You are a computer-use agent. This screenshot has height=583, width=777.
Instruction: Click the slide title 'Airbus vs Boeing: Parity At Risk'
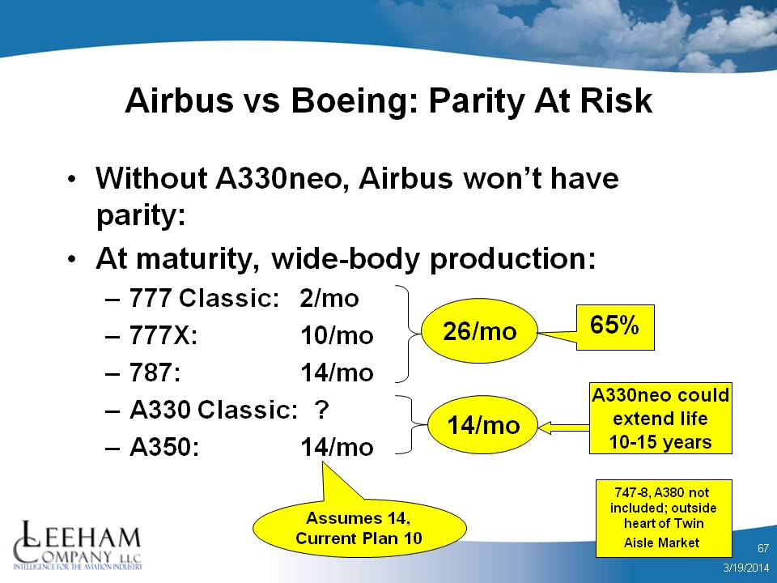pyautogui.click(x=388, y=100)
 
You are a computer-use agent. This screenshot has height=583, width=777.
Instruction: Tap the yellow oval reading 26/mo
pyautogui.click(x=479, y=330)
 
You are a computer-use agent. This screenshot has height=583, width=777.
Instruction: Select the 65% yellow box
pyautogui.click(x=615, y=327)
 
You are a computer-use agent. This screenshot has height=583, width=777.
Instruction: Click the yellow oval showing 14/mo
pyautogui.click(x=482, y=425)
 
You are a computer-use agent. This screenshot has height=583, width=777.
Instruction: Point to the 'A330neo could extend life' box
pyautogui.click(x=660, y=419)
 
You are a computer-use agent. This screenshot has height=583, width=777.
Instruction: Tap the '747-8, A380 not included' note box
pyautogui.click(x=664, y=518)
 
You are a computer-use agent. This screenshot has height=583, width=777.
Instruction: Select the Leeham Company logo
pyautogui.click(x=78, y=545)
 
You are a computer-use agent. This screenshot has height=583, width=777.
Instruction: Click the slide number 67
pyautogui.click(x=763, y=548)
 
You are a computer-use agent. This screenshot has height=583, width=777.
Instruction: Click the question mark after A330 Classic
pyautogui.click(x=321, y=410)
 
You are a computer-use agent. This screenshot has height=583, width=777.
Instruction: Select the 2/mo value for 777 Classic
pyautogui.click(x=329, y=299)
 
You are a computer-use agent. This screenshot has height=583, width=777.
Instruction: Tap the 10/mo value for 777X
pyautogui.click(x=337, y=335)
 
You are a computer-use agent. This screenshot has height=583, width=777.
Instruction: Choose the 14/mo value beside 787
pyautogui.click(x=337, y=372)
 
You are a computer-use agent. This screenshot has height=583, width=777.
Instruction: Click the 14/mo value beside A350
pyautogui.click(x=337, y=447)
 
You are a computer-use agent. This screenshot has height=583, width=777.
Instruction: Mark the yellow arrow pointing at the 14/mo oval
pyautogui.click(x=563, y=428)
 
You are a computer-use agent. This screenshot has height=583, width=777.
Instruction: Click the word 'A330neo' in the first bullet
pyautogui.click(x=278, y=178)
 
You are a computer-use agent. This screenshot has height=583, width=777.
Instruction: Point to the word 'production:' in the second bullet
pyautogui.click(x=512, y=259)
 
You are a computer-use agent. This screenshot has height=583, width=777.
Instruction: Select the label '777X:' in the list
pyautogui.click(x=163, y=335)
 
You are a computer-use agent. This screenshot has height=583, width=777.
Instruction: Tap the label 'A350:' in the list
pyautogui.click(x=164, y=447)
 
